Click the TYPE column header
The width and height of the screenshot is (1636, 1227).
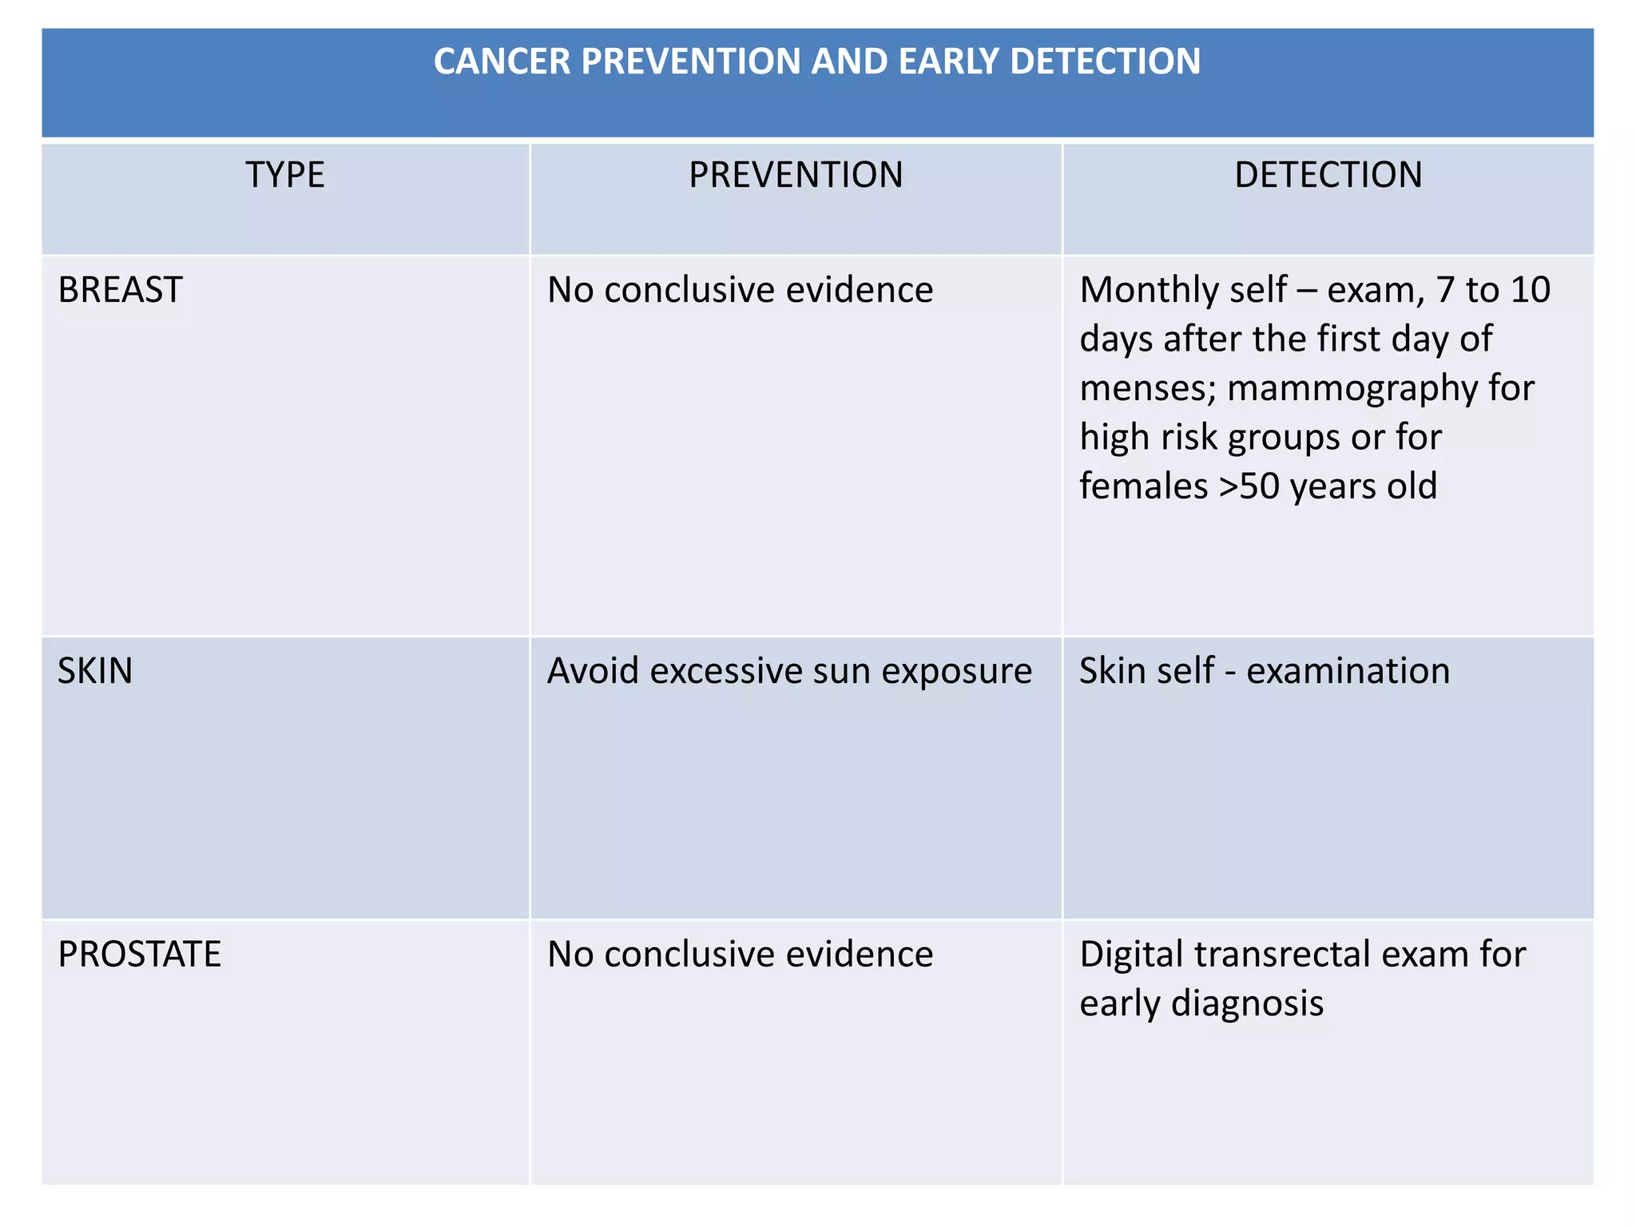click(x=285, y=175)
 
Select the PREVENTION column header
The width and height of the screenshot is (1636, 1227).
click(x=796, y=175)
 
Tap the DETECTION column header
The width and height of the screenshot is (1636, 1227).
click(x=1328, y=175)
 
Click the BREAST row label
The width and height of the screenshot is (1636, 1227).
click(x=121, y=289)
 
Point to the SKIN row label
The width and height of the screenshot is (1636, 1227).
click(x=95, y=671)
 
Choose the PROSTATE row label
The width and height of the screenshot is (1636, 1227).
click(x=140, y=955)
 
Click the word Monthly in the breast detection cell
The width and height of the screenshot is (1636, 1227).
click(x=1143, y=289)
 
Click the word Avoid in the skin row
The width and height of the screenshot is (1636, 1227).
click(x=593, y=671)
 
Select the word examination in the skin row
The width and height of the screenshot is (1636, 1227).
click(x=1348, y=671)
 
